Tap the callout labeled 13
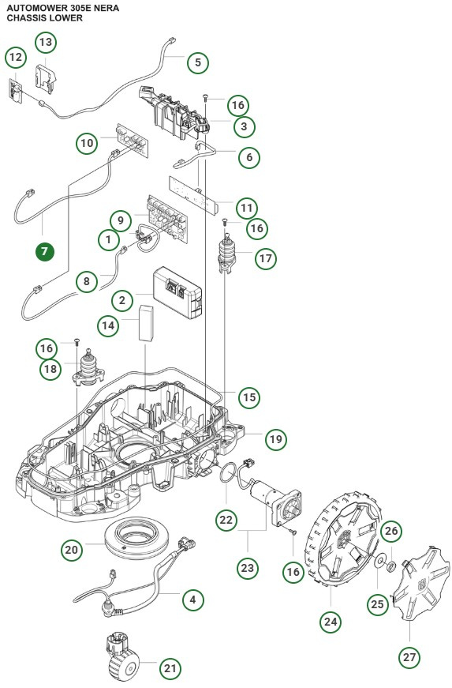[x=46, y=40]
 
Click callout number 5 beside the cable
[x=198, y=61]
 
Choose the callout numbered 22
[x=227, y=519]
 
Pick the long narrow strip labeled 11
[x=194, y=193]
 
